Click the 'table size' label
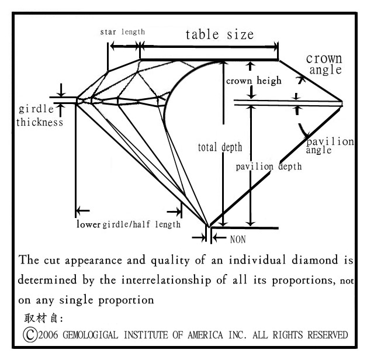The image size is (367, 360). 220,35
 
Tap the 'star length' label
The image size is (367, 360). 122,32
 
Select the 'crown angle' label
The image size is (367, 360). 324,64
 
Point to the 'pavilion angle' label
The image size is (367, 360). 330,146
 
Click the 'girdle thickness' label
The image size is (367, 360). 40,115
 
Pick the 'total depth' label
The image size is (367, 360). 220,147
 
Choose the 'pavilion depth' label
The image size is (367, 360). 268,167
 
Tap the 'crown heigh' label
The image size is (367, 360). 254,81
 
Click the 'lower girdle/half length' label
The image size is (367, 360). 129,224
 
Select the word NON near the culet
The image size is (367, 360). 238,240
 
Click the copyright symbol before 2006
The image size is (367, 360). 30,335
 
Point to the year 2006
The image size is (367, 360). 48,335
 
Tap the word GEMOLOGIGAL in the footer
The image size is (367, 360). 91,335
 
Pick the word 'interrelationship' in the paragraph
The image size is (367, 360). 166,280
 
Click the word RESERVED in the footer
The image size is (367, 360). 328,335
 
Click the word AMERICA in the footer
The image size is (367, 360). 205,335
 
